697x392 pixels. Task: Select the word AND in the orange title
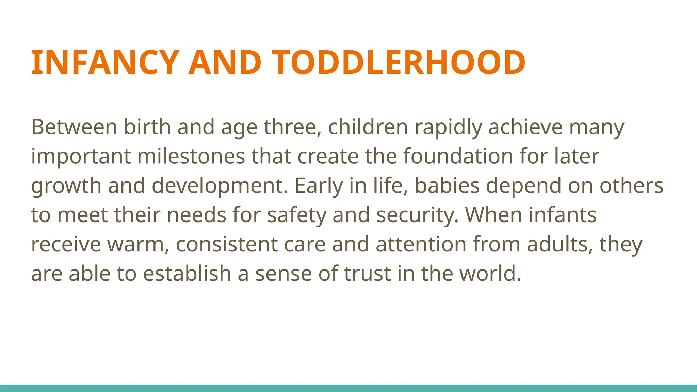225,63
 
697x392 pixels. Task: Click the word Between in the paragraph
74,127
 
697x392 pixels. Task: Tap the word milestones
191,156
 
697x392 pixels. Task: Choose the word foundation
458,156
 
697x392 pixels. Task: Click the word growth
66,186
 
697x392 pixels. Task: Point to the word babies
447,185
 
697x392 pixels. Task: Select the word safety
296,215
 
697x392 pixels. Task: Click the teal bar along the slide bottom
348,388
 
